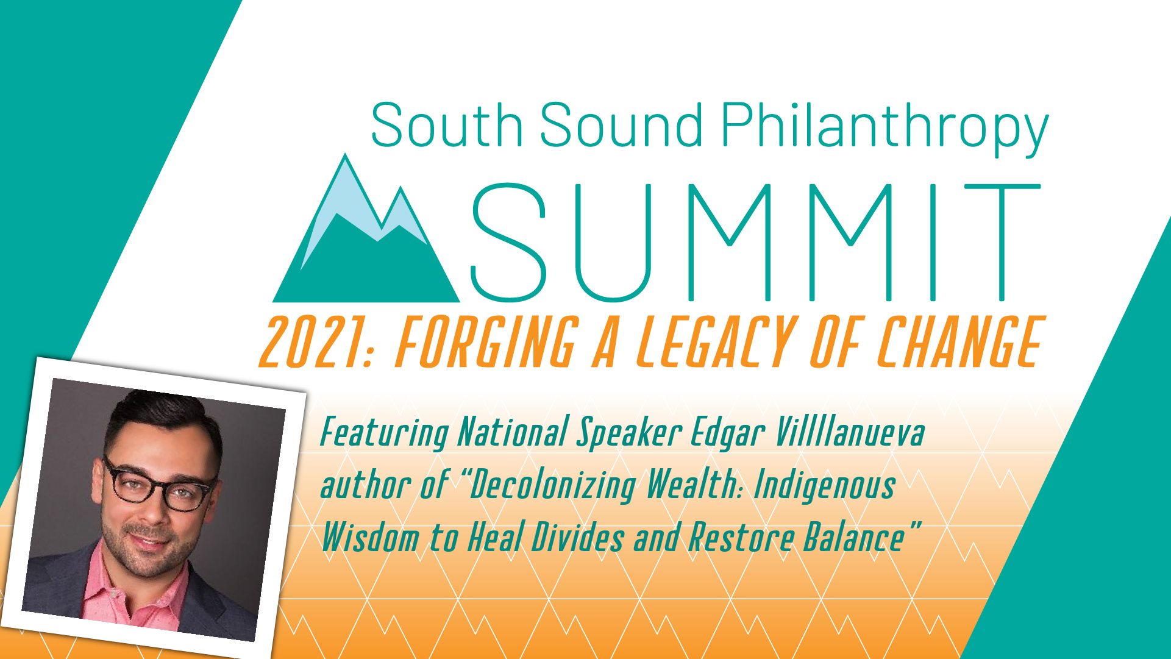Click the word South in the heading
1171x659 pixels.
click(x=447, y=124)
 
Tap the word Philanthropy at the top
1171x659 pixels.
click(x=884, y=129)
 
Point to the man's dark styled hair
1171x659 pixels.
click(x=162, y=421)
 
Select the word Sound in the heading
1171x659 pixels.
click(x=622, y=124)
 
